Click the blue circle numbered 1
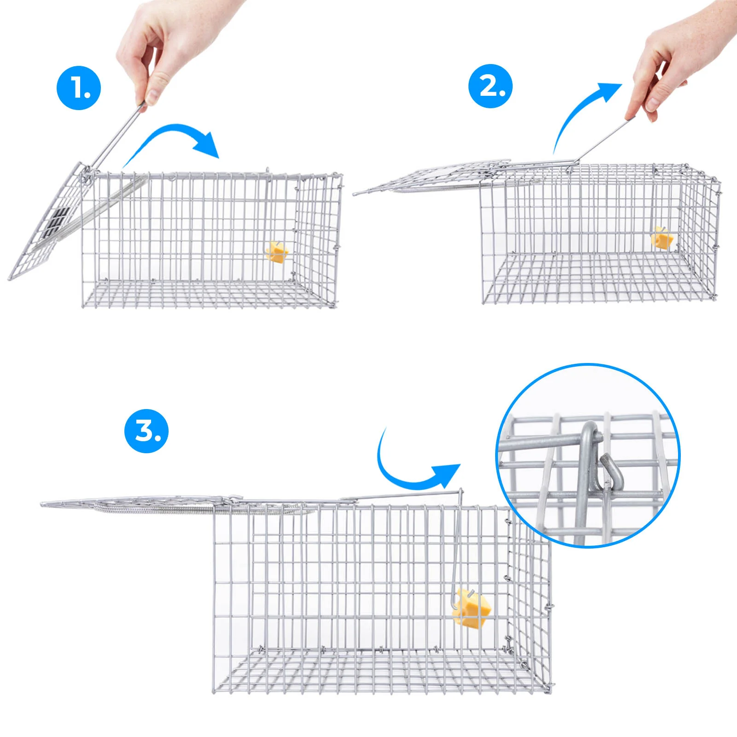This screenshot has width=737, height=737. (79, 88)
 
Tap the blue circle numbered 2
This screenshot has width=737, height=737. (491, 86)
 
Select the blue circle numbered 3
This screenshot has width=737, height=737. (146, 431)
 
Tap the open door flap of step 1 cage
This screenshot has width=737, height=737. (46, 221)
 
